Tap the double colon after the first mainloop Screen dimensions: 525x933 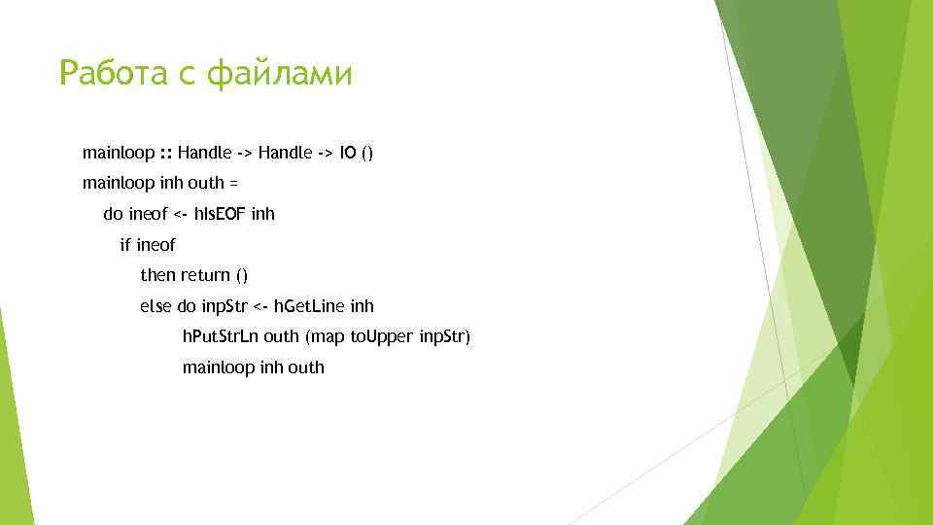(x=166, y=153)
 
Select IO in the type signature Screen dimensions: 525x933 (x=347, y=153)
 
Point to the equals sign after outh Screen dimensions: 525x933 (x=233, y=183)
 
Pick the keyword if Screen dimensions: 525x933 (x=124, y=245)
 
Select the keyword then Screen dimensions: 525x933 (x=157, y=275)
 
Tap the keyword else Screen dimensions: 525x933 (x=155, y=306)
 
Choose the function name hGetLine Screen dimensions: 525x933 (x=309, y=306)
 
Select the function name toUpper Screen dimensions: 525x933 (x=387, y=337)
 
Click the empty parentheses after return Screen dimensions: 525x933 (x=242, y=275)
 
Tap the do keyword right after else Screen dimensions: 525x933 (x=187, y=306)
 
